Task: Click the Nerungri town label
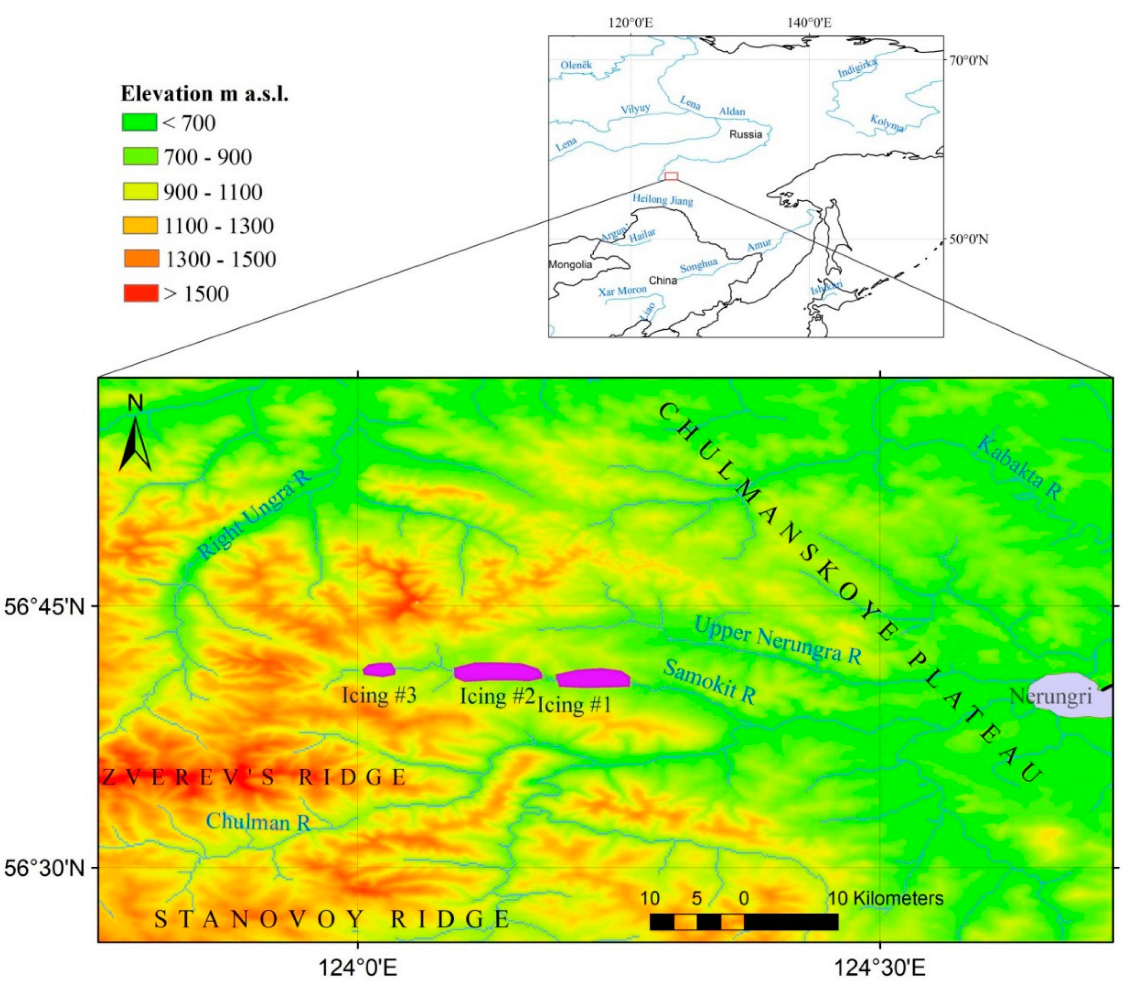tap(1050, 697)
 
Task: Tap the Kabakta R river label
tap(1020, 468)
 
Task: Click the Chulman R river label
tap(258, 821)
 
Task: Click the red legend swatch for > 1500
tap(140, 293)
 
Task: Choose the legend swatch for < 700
tap(139, 122)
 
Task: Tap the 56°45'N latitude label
tap(45, 607)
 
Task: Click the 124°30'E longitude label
tap(879, 968)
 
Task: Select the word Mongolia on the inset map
tap(570, 264)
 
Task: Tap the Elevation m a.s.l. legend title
tap(205, 94)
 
